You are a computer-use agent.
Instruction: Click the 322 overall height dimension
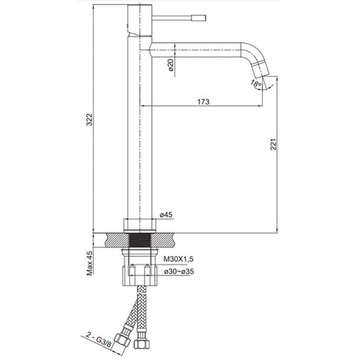click(89, 119)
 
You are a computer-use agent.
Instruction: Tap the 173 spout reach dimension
click(203, 102)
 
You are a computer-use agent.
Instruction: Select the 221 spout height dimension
click(273, 144)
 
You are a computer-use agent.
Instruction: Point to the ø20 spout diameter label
click(171, 65)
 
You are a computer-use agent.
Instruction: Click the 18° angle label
click(256, 84)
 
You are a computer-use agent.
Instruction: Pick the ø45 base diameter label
click(166, 214)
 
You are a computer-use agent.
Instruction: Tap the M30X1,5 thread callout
click(178, 259)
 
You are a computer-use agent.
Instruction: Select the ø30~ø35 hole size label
click(179, 272)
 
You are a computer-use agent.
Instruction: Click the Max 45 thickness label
click(89, 263)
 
